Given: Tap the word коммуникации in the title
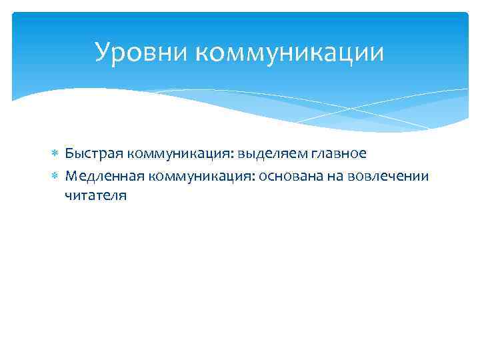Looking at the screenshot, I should (290, 52).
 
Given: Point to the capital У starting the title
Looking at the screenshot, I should (102, 52).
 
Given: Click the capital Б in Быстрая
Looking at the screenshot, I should (69, 153).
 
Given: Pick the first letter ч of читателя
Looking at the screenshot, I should (68, 196).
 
